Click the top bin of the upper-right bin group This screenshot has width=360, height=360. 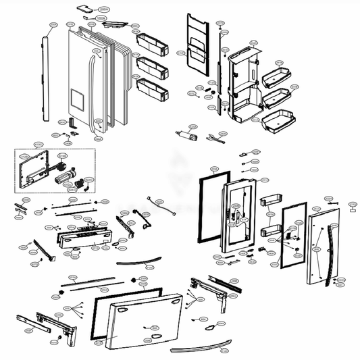coord(276,71)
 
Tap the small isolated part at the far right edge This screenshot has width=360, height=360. coord(352,209)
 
